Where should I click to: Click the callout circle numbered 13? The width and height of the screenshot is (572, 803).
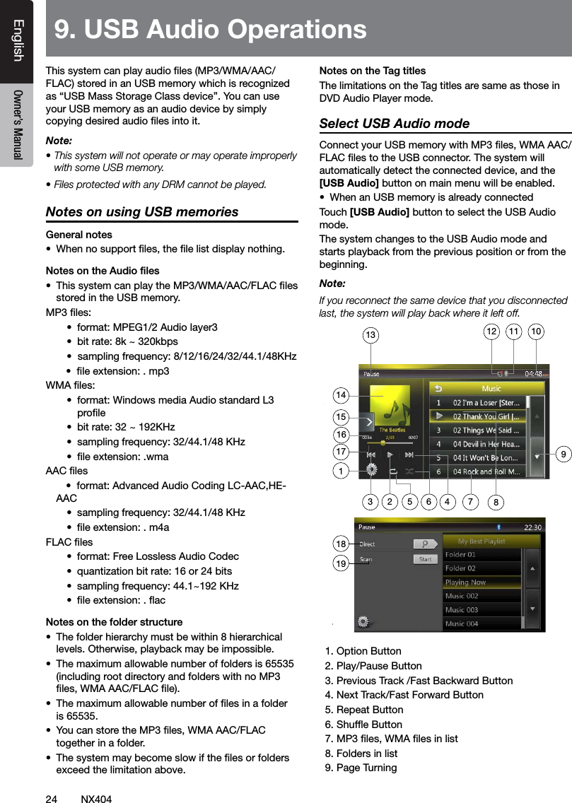click(370, 334)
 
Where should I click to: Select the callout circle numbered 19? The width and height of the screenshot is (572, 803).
click(342, 564)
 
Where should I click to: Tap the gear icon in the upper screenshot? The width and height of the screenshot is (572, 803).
click(371, 470)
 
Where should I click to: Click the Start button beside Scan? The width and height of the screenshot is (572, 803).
click(425, 559)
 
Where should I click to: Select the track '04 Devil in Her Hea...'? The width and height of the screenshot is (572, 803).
click(485, 444)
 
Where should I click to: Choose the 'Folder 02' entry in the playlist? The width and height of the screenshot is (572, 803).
click(460, 568)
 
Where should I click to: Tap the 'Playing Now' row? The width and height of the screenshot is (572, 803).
click(465, 582)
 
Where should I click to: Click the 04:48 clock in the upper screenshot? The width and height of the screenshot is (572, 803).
click(534, 374)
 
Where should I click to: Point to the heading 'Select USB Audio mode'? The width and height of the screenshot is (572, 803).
click(395, 124)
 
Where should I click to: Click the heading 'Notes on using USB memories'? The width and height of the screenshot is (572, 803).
click(142, 212)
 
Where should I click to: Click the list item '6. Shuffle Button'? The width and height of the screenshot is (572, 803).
click(363, 724)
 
